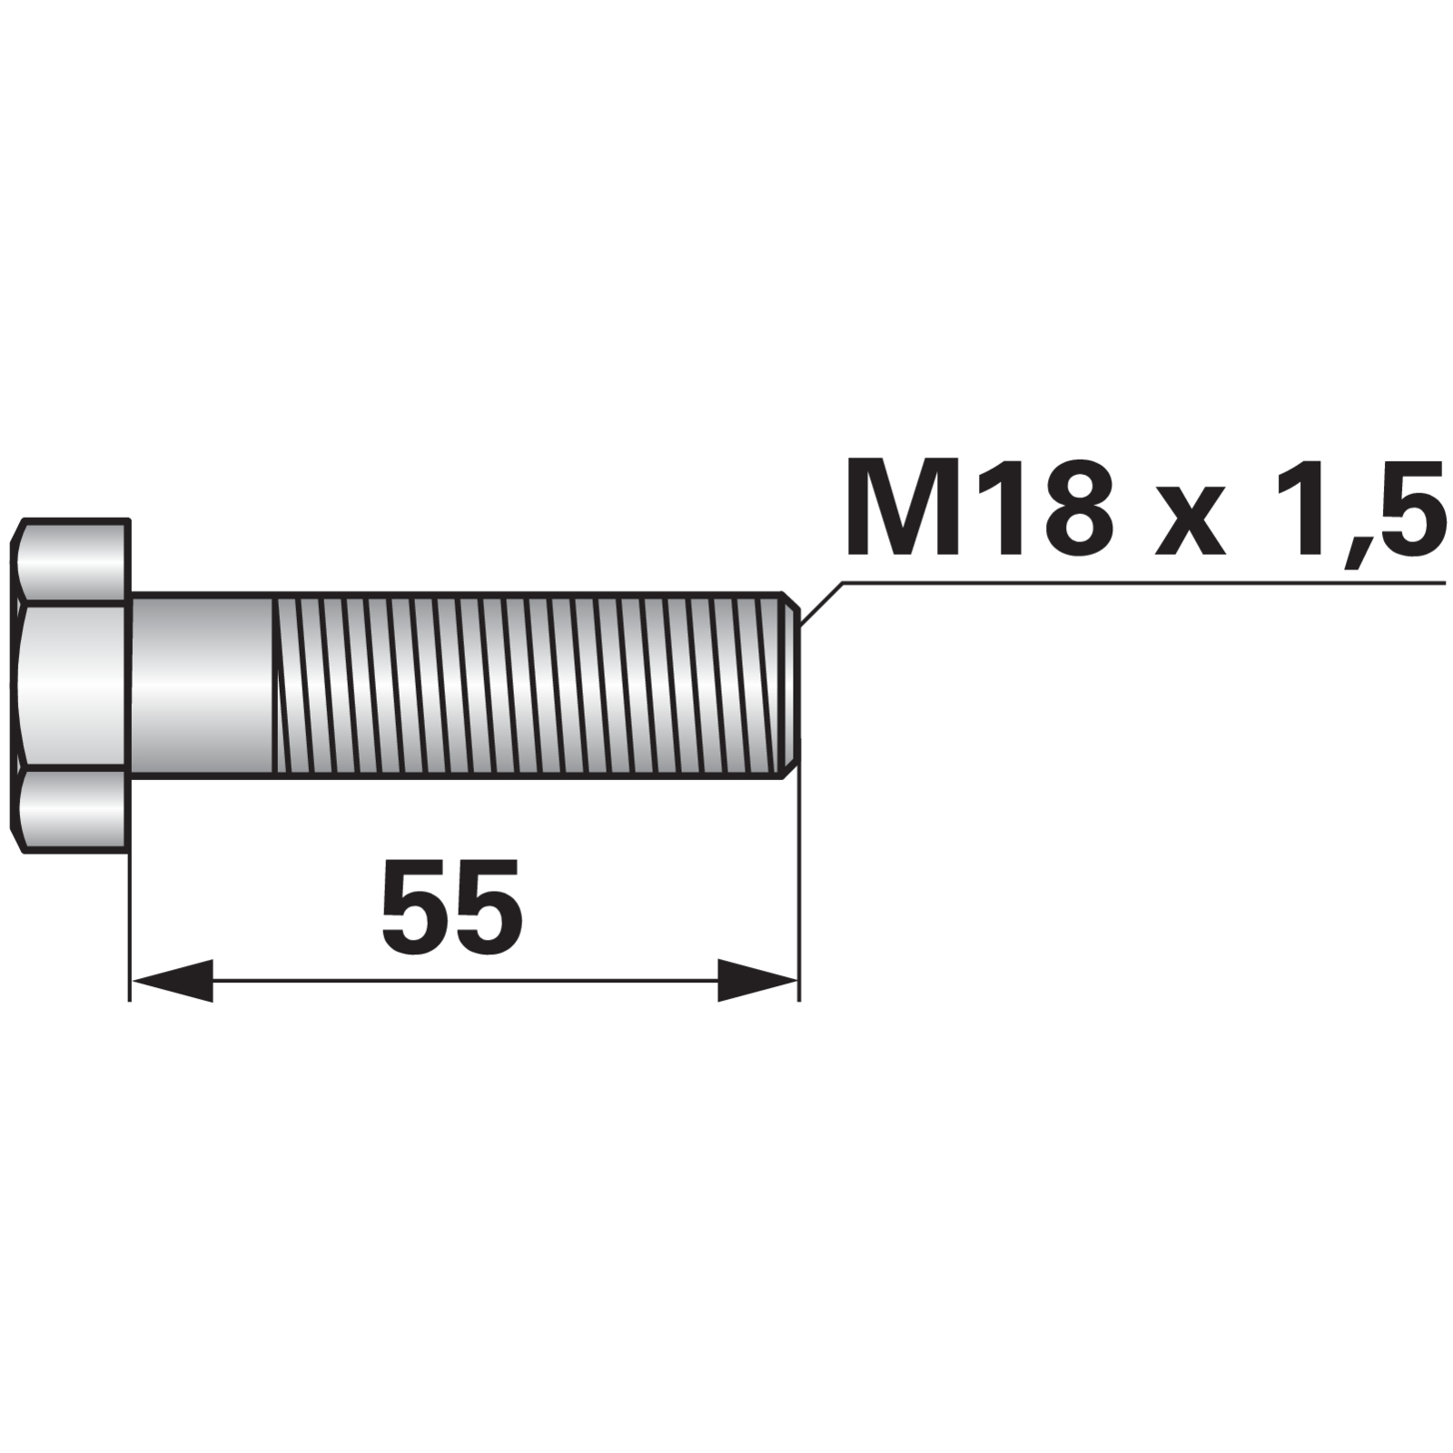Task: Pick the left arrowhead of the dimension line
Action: coord(173,981)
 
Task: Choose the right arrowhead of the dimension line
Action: coord(757,981)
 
